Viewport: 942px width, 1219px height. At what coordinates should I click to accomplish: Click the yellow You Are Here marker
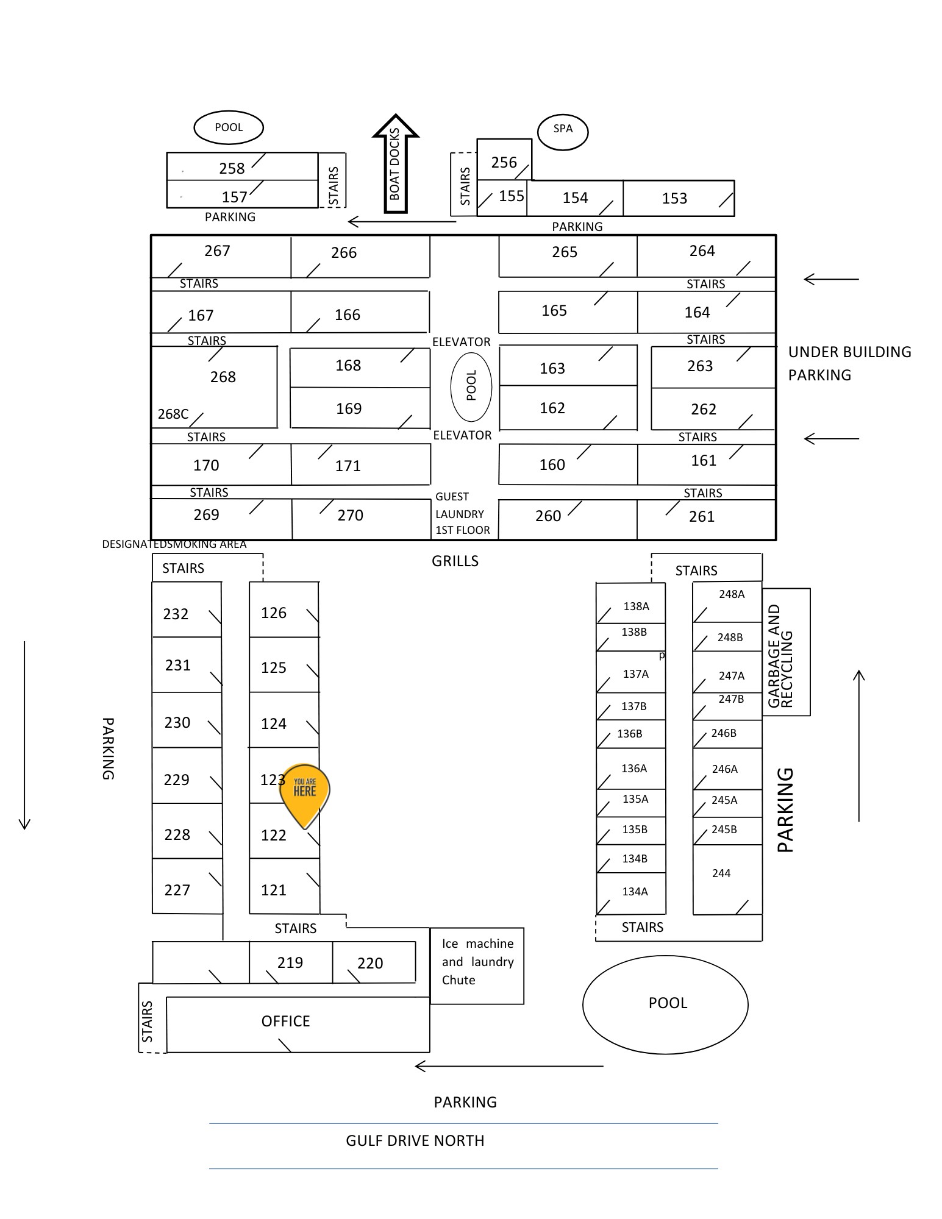(304, 792)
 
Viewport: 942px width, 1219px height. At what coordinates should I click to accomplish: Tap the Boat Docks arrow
(396, 163)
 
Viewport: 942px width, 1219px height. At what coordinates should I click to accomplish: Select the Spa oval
(563, 130)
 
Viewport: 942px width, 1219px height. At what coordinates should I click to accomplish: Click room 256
(504, 160)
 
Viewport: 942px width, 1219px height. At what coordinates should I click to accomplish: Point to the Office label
(285, 1021)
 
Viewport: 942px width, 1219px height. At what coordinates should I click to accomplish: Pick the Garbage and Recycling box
(786, 652)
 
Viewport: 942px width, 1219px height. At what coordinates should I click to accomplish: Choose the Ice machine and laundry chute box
(477, 965)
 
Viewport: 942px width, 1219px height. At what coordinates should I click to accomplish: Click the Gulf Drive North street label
(415, 1140)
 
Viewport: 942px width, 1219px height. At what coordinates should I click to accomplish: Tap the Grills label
(455, 561)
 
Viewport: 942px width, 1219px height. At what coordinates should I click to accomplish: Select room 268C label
(173, 414)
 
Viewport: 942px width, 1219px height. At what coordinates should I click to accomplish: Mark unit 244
(727, 880)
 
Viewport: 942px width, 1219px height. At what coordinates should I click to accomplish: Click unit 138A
(630, 603)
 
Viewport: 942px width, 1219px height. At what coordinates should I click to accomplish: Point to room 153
(679, 198)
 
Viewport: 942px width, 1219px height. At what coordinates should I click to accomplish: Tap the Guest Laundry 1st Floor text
(462, 513)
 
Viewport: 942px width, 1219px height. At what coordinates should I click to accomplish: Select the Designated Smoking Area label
(174, 544)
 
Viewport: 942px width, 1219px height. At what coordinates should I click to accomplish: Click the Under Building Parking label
(850, 363)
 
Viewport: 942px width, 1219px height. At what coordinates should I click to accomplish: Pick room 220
(374, 962)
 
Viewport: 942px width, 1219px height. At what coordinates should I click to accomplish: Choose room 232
(187, 609)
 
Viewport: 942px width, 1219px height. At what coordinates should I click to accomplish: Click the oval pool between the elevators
(471, 386)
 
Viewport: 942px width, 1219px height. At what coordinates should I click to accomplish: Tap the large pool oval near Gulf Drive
(665, 1004)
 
